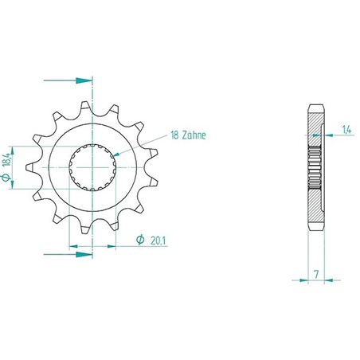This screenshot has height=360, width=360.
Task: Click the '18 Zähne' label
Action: [x=188, y=135]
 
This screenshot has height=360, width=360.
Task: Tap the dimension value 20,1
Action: [x=158, y=241]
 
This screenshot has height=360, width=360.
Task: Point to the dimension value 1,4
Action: [x=346, y=130]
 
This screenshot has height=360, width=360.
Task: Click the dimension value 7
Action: [x=316, y=274]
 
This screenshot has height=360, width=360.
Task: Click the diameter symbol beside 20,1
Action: [x=140, y=240]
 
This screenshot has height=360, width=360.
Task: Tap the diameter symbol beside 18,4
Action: [x=6, y=177]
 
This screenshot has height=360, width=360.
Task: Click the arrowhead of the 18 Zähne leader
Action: [x=116, y=155]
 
